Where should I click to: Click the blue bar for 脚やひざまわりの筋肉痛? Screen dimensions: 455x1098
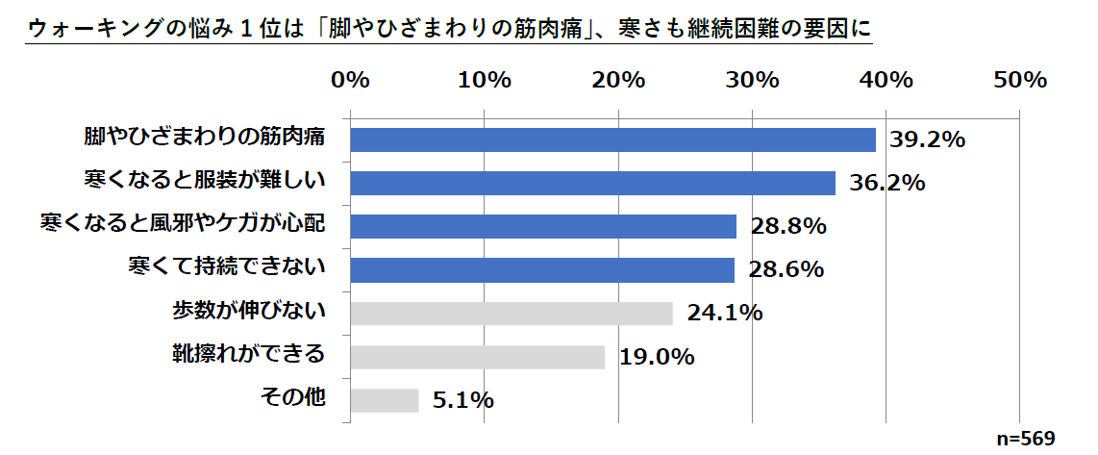pos(612,139)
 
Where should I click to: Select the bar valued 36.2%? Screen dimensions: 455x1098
pos(592,183)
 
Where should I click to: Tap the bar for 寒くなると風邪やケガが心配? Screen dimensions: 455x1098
pos(543,226)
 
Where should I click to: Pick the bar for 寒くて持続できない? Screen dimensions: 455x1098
pos(542,269)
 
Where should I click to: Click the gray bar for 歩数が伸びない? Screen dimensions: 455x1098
pos(512,314)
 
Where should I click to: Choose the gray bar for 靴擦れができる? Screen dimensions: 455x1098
pos(478,357)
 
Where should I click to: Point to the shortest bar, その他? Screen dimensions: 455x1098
pos(385,400)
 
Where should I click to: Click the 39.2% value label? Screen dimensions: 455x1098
pos(927,140)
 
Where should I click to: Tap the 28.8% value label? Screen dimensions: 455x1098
pos(788,227)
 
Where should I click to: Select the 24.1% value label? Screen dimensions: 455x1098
pos(724,314)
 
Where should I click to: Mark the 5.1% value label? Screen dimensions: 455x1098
pos(462,400)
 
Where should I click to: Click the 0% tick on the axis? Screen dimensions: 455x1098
pos(350,81)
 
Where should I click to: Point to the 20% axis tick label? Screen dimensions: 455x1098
pos(618,81)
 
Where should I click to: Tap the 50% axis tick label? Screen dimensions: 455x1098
pos(1019,81)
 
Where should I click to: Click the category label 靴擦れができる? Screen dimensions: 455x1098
pos(247,354)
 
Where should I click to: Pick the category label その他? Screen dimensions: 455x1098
pos(295,397)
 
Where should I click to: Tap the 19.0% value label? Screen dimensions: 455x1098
pos(657,357)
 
